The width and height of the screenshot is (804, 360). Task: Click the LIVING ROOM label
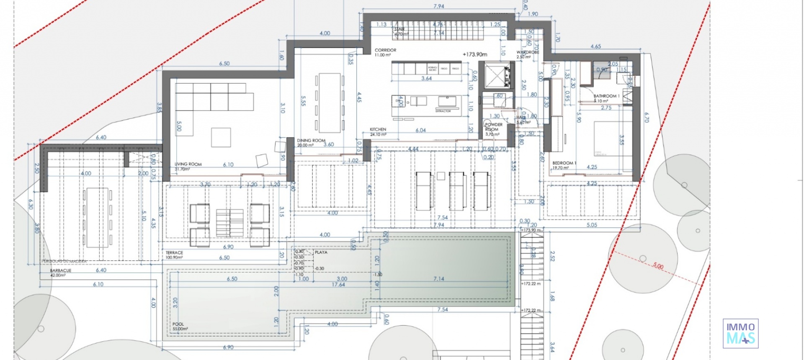(188, 165)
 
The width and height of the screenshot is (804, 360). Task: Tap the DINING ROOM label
(311, 141)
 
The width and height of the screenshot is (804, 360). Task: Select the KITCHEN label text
(378, 130)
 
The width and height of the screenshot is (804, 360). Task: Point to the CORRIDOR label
(385, 50)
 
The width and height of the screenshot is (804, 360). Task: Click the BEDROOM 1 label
(564, 163)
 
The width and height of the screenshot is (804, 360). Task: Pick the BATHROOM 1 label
(606, 96)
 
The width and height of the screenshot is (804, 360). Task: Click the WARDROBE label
(527, 53)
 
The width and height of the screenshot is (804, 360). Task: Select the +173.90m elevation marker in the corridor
(475, 54)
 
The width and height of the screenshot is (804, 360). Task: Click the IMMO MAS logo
(740, 333)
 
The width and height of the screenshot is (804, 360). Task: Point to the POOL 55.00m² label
(178, 324)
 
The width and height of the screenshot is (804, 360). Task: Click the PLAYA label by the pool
(321, 252)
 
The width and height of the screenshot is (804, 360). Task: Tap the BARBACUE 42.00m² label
(61, 271)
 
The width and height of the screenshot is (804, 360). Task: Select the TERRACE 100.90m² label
(174, 253)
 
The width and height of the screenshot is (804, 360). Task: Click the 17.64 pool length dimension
(338, 285)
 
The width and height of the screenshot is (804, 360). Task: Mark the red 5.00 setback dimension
(658, 266)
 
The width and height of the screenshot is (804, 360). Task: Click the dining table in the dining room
(329, 103)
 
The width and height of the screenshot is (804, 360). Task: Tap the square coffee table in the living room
(221, 137)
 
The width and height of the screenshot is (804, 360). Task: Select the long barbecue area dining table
(98, 217)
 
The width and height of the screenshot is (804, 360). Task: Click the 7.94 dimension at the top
(438, 6)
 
